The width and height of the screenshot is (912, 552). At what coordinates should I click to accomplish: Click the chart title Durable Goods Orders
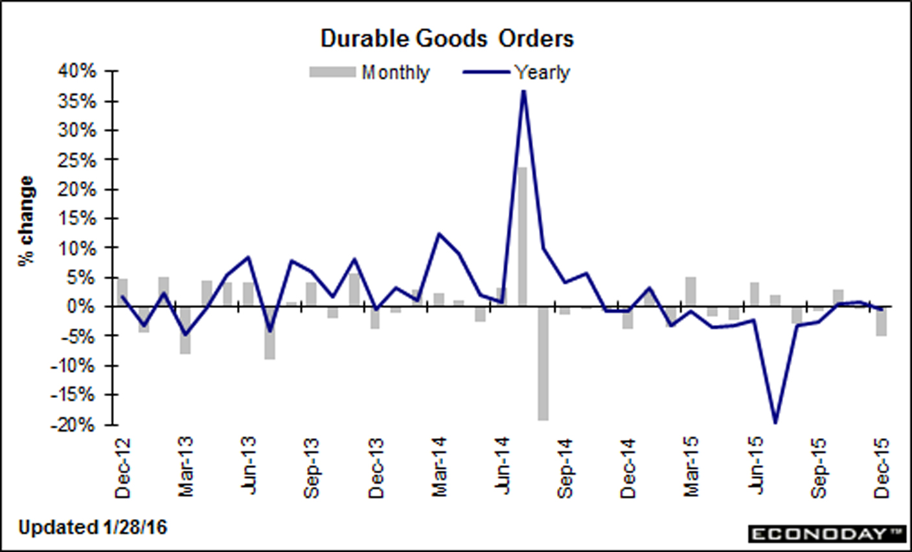[x=447, y=39]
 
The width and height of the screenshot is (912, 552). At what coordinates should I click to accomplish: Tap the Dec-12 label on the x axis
[x=123, y=467]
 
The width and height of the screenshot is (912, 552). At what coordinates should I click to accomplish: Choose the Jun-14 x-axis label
[x=503, y=467]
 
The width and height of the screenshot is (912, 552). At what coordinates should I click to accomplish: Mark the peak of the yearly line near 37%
[x=523, y=91]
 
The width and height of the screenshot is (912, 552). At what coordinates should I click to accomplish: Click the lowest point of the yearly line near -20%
[x=775, y=423]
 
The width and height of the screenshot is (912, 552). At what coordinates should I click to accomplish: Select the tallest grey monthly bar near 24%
[x=522, y=236]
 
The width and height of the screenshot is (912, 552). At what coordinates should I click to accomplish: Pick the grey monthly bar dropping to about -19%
[x=543, y=363]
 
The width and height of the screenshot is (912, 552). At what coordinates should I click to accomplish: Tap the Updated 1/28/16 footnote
[x=93, y=527]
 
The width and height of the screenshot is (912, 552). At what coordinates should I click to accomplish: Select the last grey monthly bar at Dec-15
[x=882, y=321]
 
